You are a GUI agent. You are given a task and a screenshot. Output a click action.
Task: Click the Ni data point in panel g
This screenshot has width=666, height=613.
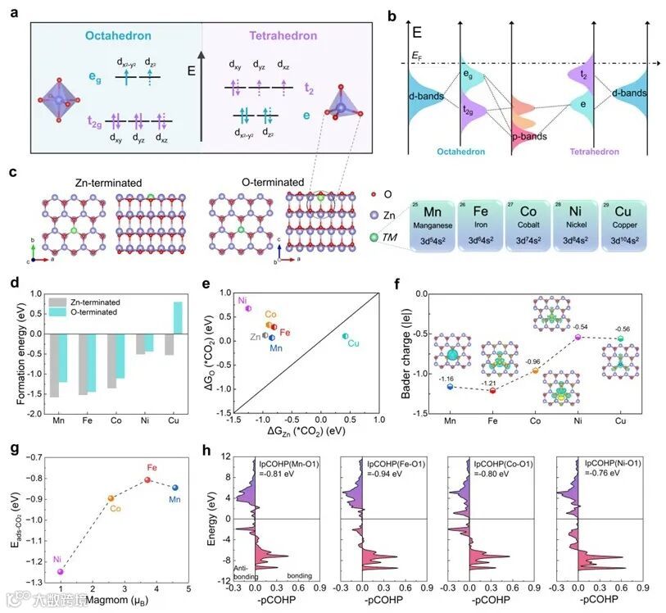click(x=60, y=571)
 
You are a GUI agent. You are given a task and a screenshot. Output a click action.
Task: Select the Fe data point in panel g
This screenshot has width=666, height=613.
click(x=148, y=479)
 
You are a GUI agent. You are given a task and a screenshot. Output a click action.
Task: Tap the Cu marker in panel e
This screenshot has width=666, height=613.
click(x=345, y=336)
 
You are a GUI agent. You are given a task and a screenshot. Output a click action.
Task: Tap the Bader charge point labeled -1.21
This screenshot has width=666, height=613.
click(x=492, y=391)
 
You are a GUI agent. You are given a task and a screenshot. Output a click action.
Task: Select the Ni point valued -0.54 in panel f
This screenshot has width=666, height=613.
click(x=577, y=337)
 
